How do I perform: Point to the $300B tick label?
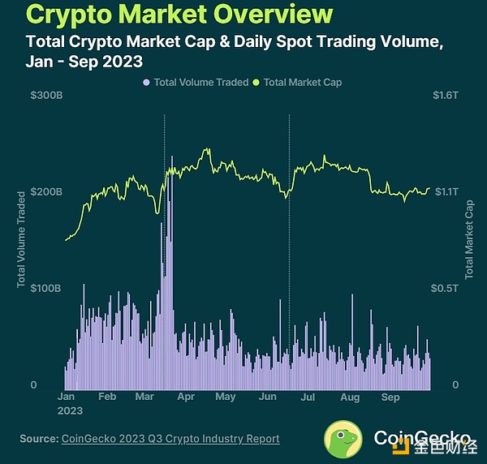[x=45, y=96]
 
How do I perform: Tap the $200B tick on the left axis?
[x=45, y=192]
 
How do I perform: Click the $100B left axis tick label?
[x=45, y=288]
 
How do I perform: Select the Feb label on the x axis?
[x=107, y=398]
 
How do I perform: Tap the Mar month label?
[x=145, y=398]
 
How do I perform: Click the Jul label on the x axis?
[x=308, y=398]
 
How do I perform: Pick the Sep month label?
[x=391, y=398]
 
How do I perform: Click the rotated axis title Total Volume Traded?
[x=22, y=239]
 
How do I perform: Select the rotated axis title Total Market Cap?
[x=468, y=239]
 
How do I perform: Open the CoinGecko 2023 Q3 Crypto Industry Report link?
[x=170, y=439]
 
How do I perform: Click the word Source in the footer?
[x=38, y=439]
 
